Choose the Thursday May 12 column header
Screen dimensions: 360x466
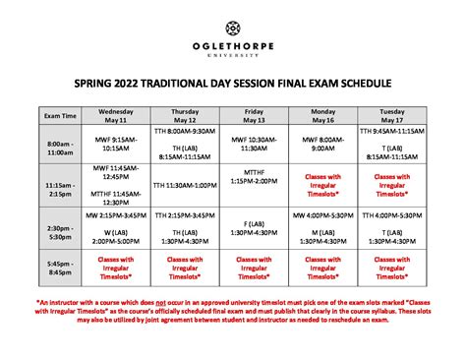[x=186, y=114]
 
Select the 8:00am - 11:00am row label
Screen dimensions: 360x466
[x=58, y=149]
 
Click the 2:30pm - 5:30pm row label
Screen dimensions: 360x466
[x=58, y=231]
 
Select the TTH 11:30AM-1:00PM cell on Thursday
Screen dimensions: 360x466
[x=186, y=184]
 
